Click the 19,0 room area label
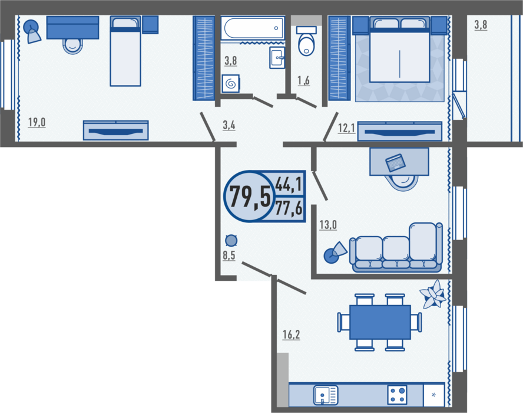[37, 122]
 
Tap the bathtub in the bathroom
[253, 28]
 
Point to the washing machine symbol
[231, 84]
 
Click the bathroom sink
[277, 57]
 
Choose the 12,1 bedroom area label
[346, 127]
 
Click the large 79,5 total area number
[250, 196]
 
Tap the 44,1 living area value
[289, 184]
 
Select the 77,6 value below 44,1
[289, 208]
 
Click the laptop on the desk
[396, 162]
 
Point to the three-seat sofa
[396, 247]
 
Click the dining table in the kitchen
[380, 322]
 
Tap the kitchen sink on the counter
[326, 395]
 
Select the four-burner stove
[397, 395]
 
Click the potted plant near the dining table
[433, 294]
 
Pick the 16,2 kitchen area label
[291, 334]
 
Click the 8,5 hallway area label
[229, 255]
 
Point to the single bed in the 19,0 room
[125, 51]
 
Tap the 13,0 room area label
[328, 225]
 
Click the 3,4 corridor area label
[229, 125]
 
